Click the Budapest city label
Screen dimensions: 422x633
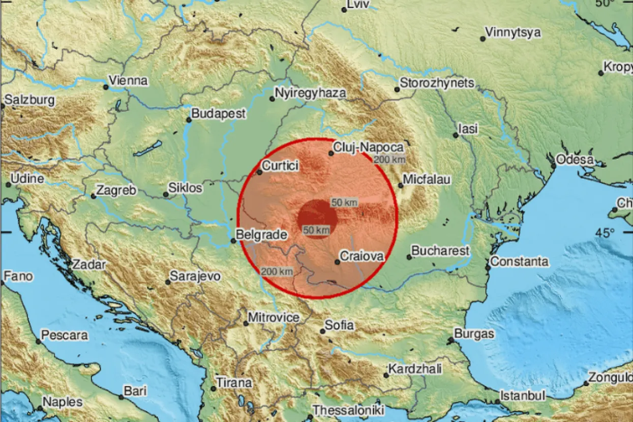pos(219,114)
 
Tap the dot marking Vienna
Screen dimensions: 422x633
pos(106,87)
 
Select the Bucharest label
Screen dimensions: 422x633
pos(440,251)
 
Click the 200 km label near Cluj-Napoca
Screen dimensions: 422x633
pos(389,160)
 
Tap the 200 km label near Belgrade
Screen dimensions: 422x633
pos(277,271)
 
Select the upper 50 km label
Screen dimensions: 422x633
pos(344,202)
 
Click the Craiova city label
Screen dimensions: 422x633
pos(361,256)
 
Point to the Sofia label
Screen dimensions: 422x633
pos(340,325)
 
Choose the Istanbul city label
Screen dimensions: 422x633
pos(523,395)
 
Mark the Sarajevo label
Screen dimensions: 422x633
pos(195,276)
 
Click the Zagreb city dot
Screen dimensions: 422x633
pos(94,196)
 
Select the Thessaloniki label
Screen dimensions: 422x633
pos(348,410)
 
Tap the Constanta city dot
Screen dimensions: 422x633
pos(488,267)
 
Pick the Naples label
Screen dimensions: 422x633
pos(62,402)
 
